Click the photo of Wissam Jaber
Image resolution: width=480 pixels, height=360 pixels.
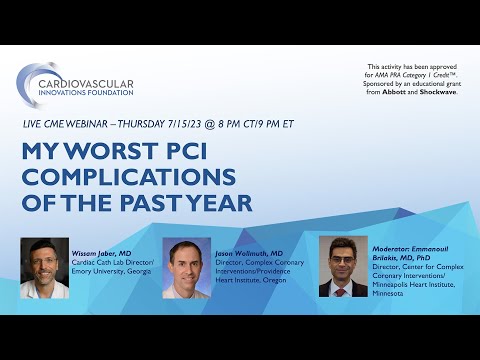click(45, 267)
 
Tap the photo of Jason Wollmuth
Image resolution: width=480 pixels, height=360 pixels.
click(186, 269)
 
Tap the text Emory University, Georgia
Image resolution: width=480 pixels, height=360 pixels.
click(115, 272)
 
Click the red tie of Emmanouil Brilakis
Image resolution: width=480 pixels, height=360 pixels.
click(342, 288)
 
